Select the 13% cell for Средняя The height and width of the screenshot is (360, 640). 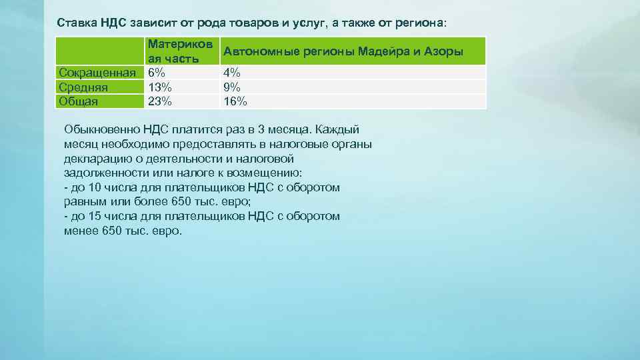pos(160,87)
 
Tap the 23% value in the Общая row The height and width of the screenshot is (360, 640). pos(160,101)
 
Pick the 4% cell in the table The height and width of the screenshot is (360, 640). pos(232,72)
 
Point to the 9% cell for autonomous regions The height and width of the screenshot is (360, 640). pos(232,87)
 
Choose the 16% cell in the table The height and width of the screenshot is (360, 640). pos(235,101)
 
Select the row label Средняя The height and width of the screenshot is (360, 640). pos(83,87)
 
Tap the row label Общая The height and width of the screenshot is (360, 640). pos(79,101)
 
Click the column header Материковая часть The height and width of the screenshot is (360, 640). pos(181,51)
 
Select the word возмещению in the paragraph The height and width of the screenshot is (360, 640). pos(264,173)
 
